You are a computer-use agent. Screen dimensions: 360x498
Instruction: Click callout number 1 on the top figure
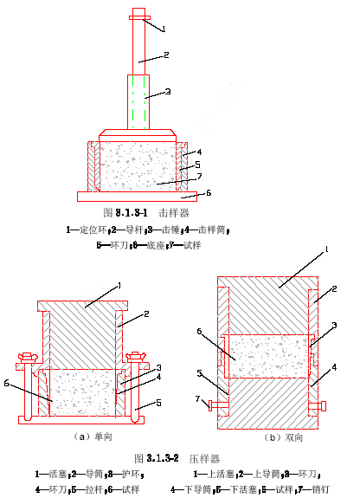[164, 29]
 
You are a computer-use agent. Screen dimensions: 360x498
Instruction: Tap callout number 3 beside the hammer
[168, 92]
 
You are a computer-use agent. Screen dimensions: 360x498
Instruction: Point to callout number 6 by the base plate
[209, 193]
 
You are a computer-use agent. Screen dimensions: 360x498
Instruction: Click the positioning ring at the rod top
[139, 18]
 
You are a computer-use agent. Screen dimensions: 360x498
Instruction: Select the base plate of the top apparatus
[137, 197]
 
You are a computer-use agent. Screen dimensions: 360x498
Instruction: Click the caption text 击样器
[174, 213]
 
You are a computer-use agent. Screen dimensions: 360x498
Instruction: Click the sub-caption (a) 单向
[93, 437]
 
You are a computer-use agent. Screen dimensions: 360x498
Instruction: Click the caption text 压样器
[204, 459]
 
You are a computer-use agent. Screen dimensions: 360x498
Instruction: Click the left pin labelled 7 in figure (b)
[218, 405]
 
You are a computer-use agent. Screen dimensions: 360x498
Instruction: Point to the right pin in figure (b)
[318, 406]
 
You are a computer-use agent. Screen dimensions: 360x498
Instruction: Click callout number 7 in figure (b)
[198, 398]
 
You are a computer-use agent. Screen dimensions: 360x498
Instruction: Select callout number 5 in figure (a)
[158, 403]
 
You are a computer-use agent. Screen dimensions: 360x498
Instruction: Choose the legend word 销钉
[320, 489]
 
